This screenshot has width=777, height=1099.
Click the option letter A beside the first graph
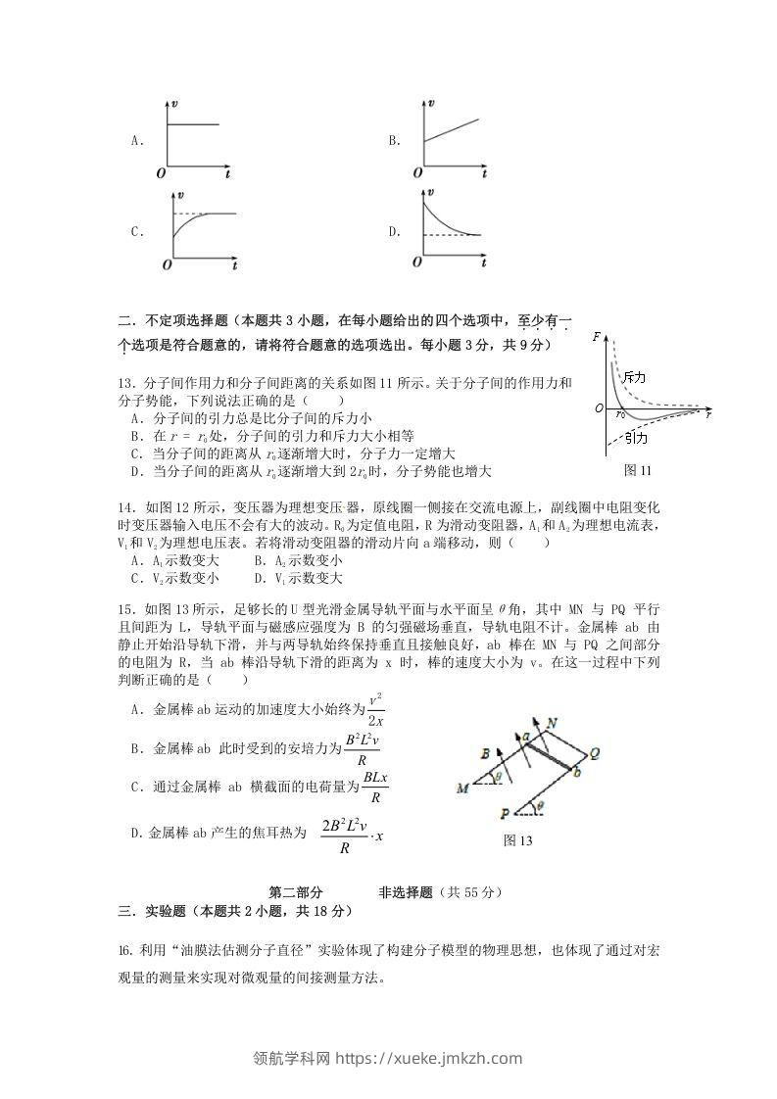136,141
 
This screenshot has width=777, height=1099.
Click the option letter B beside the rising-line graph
393,141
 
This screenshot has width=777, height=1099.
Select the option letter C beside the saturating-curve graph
136,232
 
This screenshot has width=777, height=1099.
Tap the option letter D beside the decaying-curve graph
394,232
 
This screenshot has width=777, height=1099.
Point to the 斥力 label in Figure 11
634,378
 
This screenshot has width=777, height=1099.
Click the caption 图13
516,839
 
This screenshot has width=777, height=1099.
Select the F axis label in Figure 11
597,336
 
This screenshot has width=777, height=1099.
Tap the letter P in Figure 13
504,813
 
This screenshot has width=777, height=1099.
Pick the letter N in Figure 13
553,722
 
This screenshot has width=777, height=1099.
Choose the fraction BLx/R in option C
375,787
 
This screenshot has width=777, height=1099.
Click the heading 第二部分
295,892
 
